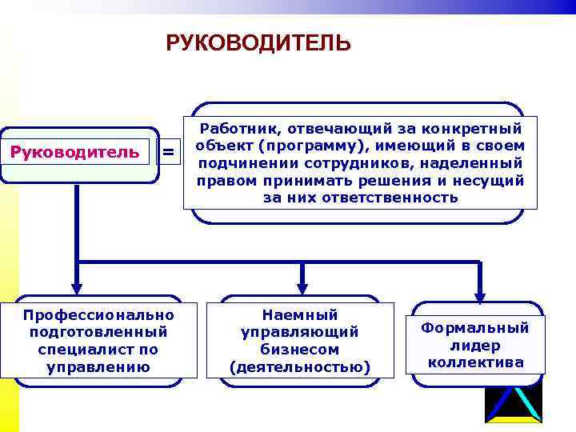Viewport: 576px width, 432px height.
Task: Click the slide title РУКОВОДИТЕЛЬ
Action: (x=258, y=42)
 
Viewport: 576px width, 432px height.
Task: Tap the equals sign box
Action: (x=168, y=151)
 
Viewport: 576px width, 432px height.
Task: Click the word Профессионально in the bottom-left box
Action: (x=98, y=314)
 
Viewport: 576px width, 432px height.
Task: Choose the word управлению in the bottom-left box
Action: (x=98, y=367)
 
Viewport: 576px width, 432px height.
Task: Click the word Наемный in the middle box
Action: (x=300, y=314)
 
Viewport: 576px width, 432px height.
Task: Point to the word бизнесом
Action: (x=300, y=350)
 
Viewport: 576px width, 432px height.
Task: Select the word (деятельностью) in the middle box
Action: (x=300, y=367)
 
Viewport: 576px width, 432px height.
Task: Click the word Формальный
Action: (x=475, y=328)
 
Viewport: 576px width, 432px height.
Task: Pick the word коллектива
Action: (x=476, y=362)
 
